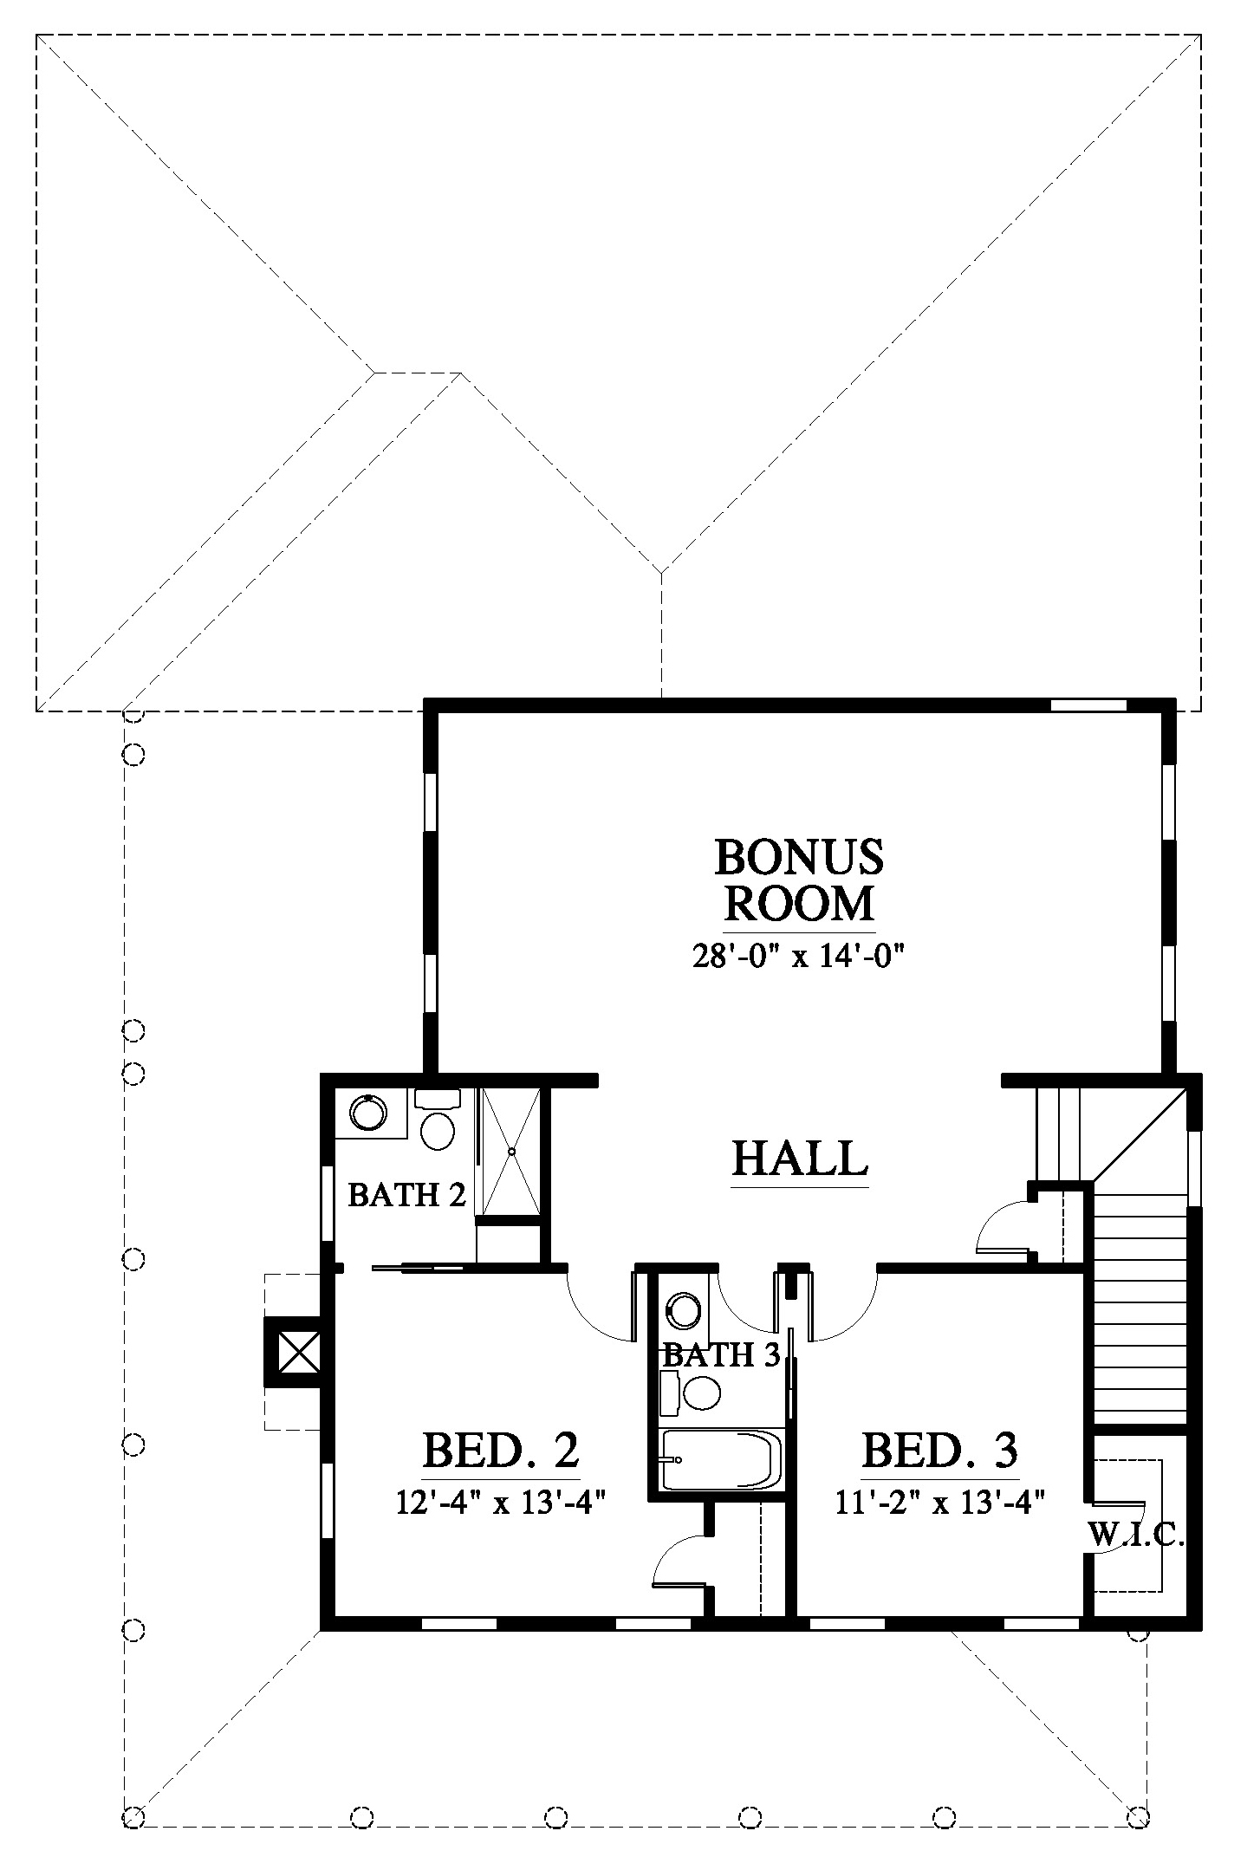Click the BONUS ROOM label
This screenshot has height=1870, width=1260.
tap(799, 880)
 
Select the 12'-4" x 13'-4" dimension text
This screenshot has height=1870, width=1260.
tap(500, 1502)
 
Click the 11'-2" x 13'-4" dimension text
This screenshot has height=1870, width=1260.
tap(939, 1502)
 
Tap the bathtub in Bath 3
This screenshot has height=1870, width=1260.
tap(721, 1458)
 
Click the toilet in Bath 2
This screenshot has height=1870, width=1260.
tap(438, 1119)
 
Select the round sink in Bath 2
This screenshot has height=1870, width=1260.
tap(368, 1112)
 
